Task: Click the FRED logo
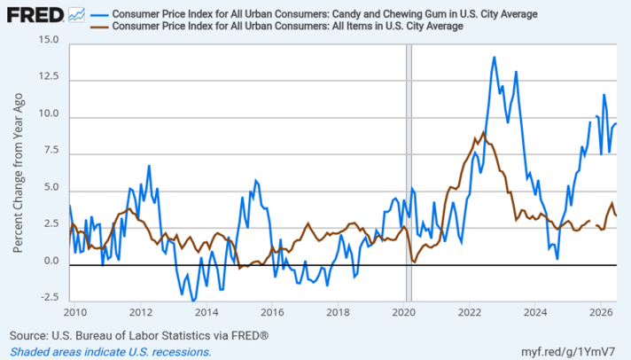tap(35, 15)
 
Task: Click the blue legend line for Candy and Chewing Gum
tap(99, 14)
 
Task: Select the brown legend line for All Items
tap(99, 27)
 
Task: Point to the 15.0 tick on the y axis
tap(49, 40)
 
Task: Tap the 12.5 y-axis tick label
tap(49, 76)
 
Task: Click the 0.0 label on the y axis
tap(51, 261)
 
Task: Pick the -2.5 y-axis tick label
tap(49, 297)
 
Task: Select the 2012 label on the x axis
tap(140, 312)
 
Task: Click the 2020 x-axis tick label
tap(403, 312)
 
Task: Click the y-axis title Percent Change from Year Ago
tap(18, 173)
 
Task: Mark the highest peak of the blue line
tap(495, 57)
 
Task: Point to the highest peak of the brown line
tap(483, 132)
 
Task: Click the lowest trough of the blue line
tap(193, 301)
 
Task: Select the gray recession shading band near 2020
tap(409, 173)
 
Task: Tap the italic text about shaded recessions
tap(110, 351)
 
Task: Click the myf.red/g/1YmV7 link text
tap(568, 351)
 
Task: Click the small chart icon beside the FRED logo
tap(76, 15)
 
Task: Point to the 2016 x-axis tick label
tap(272, 312)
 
